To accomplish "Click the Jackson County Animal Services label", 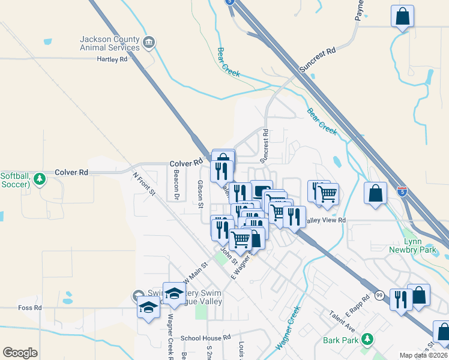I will pos(110,43).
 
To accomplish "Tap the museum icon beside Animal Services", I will pos(149,43).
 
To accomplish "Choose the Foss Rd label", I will pos(29,308).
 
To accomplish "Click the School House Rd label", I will pos(206,338).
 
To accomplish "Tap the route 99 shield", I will pos(379,296).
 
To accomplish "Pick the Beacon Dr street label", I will pos(176,184).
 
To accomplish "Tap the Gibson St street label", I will pos(200,194).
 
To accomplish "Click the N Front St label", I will pos(144,184).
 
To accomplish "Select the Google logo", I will pos(20,352).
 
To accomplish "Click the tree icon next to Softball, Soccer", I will pos(39,179).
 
